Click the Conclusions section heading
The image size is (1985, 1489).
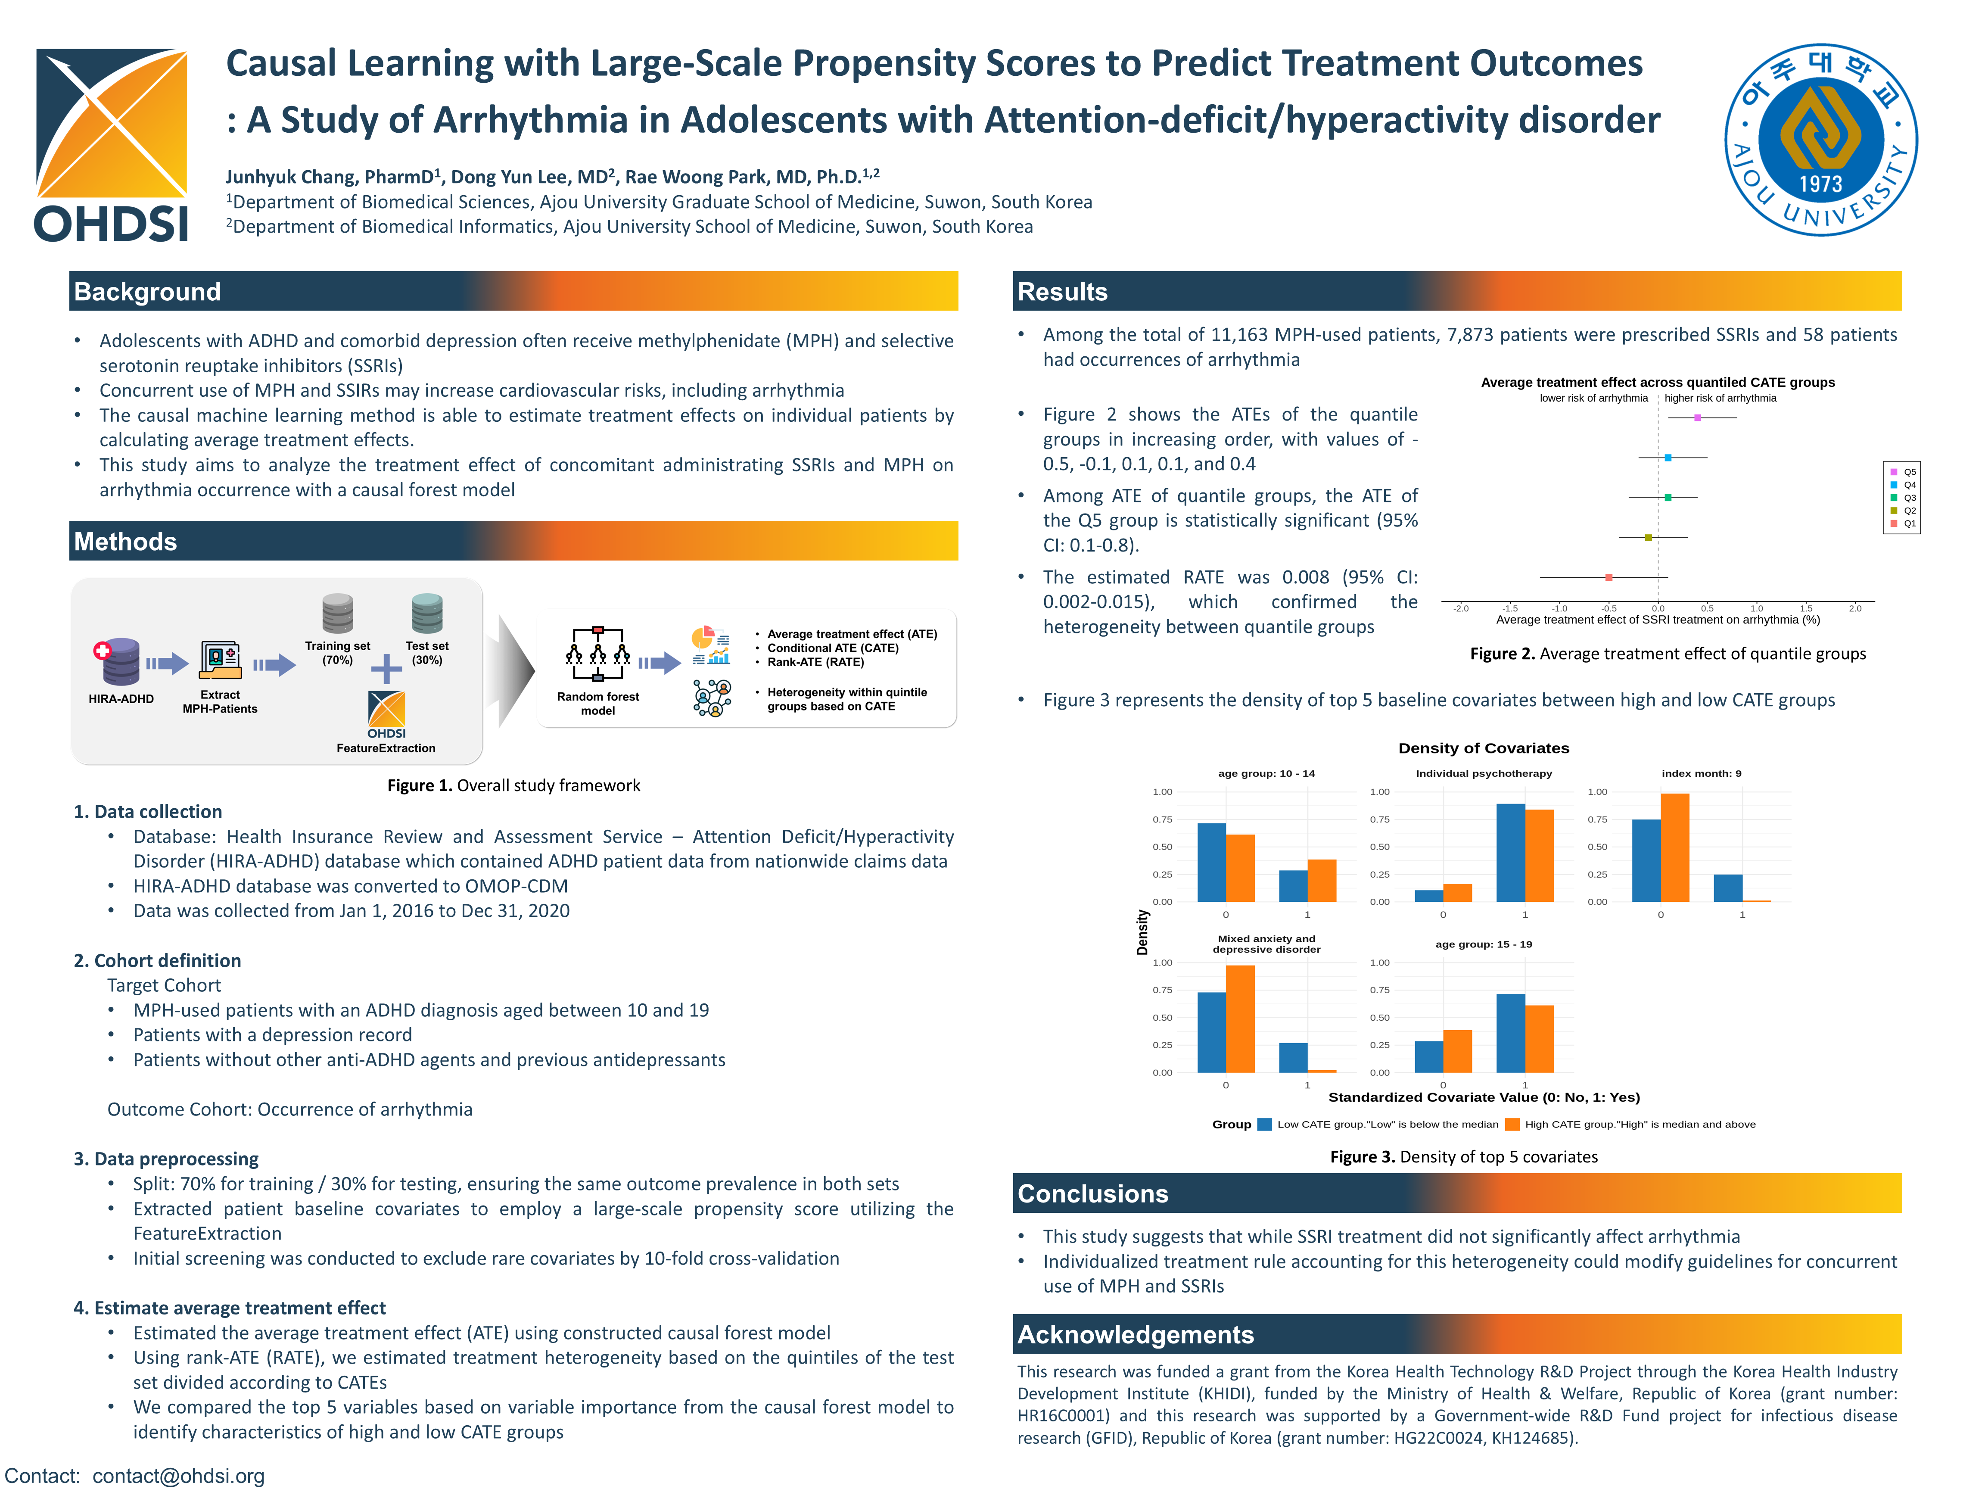[x=1092, y=1194]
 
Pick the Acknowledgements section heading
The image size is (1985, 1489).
[x=1135, y=1335]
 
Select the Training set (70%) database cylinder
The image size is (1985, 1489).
[x=337, y=614]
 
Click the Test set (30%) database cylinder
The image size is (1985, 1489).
[x=427, y=614]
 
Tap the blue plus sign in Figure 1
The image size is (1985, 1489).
[x=386, y=669]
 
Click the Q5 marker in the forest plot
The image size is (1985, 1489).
[x=1697, y=417]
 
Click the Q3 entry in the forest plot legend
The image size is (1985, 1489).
[x=1902, y=497]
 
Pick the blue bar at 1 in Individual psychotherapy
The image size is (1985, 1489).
[x=1510, y=853]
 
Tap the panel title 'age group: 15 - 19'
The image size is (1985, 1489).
[x=1484, y=944]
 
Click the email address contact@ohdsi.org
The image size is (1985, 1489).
[x=179, y=1476]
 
